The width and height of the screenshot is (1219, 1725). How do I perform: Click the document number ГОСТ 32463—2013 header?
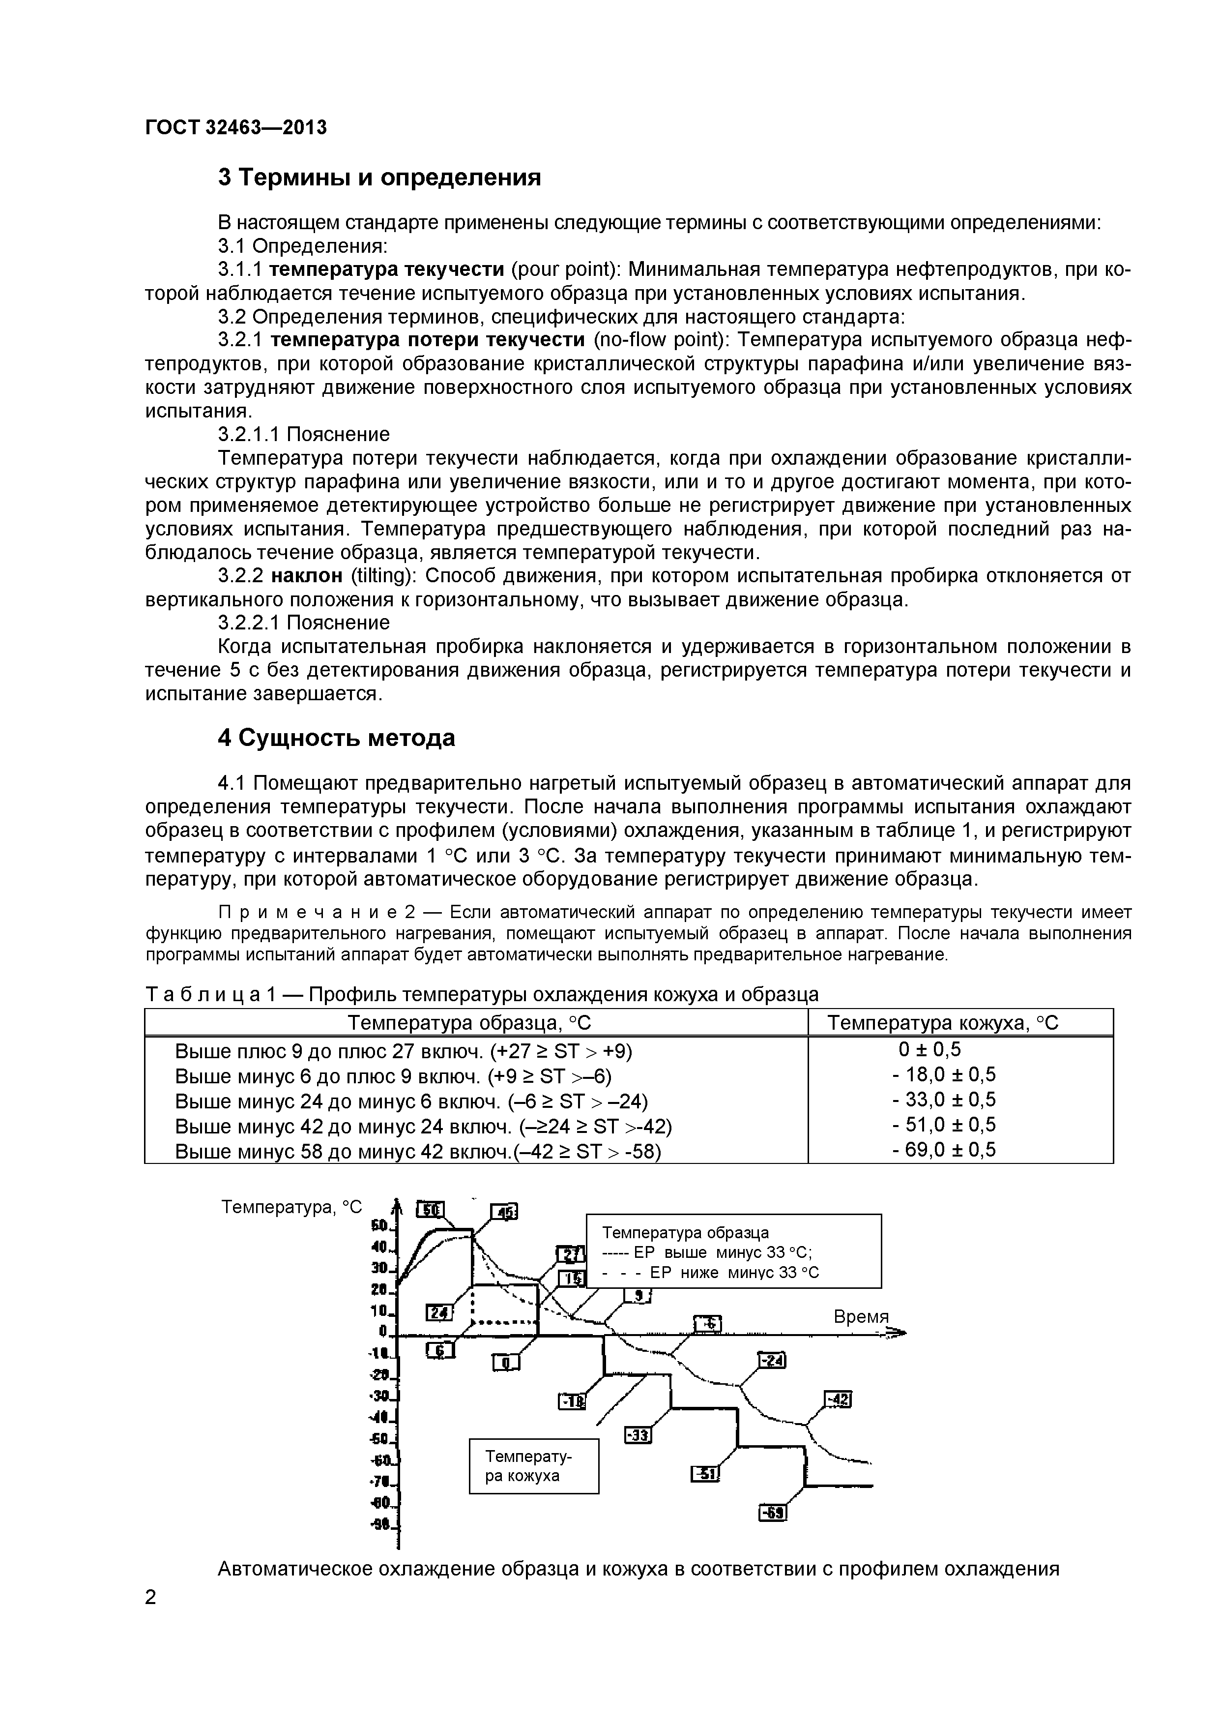(x=236, y=128)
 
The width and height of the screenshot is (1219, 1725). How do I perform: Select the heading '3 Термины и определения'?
(x=379, y=178)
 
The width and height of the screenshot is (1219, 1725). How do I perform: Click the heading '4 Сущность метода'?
(x=337, y=739)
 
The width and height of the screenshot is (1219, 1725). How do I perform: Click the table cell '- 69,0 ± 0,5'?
(x=943, y=1150)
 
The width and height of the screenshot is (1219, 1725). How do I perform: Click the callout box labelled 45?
(x=504, y=1212)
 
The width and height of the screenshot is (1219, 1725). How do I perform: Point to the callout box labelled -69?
(x=773, y=1513)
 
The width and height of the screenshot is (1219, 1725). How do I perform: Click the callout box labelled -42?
(x=838, y=1399)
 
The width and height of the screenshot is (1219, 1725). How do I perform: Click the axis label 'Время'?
(x=861, y=1317)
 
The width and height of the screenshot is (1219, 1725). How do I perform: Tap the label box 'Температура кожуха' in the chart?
(x=534, y=1466)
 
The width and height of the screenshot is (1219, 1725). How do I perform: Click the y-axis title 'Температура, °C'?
(x=291, y=1207)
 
